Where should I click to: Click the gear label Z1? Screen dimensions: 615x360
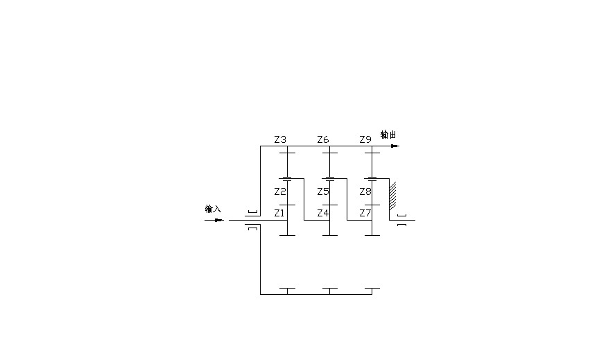tap(279, 213)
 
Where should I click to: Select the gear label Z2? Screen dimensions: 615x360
tap(280, 191)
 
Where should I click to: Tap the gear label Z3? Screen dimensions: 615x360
tap(280, 139)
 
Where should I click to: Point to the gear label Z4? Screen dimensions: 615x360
tap(323, 213)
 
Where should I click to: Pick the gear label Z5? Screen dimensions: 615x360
tap(323, 191)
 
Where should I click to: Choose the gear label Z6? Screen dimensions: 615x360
tap(323, 139)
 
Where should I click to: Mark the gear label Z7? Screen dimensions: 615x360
tap(365, 213)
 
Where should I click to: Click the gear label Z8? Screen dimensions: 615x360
tap(365, 191)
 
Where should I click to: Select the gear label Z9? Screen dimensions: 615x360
tap(365, 139)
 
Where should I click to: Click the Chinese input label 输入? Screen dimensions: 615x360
tap(213, 209)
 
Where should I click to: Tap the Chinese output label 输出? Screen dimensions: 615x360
tap(388, 135)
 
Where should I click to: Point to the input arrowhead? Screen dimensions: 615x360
tap(219, 221)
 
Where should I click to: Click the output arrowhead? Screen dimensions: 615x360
tap(395, 146)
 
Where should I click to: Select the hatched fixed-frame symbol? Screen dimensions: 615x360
tap(392, 195)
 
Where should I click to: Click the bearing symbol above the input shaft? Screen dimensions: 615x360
tap(253, 212)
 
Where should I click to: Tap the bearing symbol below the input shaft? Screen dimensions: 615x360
tap(253, 228)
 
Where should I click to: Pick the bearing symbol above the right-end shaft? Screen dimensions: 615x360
tap(401, 216)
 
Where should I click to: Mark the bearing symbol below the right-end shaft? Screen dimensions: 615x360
tap(401, 225)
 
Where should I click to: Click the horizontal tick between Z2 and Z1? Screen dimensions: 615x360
tap(288, 205)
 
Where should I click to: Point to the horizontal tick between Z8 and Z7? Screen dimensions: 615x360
tap(372, 205)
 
